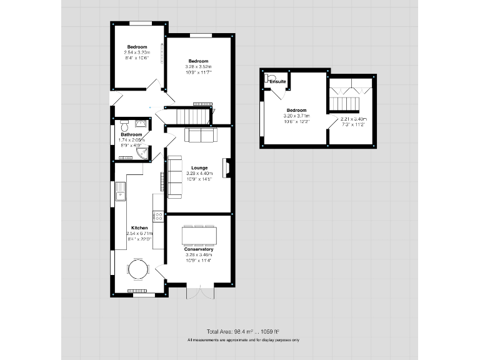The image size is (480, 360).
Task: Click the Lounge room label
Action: point(199,167)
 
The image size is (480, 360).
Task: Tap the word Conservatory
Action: point(199,249)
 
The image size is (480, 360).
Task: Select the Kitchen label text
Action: point(139,228)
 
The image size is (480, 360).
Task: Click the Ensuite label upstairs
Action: point(278,81)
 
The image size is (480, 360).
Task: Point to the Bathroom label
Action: point(131,134)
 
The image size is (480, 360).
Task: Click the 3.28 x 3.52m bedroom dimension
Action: point(199,66)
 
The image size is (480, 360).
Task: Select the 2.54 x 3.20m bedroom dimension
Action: point(137,53)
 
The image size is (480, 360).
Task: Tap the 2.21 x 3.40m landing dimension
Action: point(353,119)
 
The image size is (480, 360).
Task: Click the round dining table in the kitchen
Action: point(138,269)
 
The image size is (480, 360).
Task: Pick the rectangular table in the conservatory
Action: point(199,234)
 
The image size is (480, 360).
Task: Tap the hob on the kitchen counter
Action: point(158,216)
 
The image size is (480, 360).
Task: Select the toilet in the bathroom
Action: point(124,123)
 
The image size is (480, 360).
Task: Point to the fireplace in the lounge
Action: point(227,167)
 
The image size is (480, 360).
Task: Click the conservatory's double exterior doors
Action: point(199,292)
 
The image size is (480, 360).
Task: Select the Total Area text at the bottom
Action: point(242,331)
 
